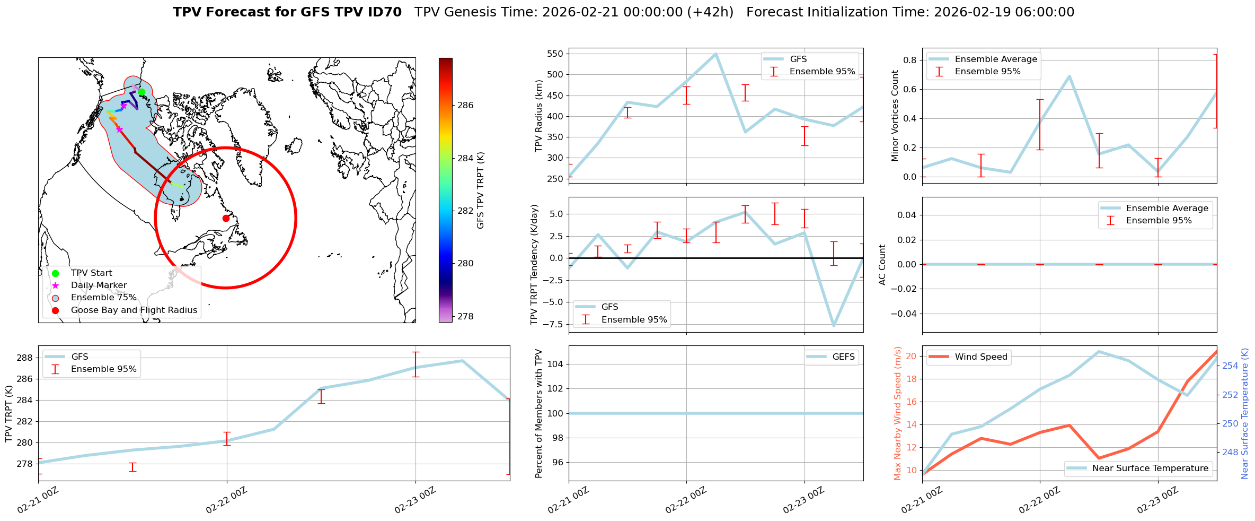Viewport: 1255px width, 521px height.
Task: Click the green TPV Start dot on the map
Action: tap(142, 92)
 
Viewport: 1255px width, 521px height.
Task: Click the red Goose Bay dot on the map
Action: tap(226, 218)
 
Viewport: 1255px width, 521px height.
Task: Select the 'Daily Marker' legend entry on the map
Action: tap(99, 285)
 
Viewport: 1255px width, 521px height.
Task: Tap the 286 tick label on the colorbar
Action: tap(465, 105)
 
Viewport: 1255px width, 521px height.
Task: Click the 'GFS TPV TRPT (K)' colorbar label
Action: tap(481, 190)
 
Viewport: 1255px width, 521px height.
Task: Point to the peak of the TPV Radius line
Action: tap(716, 54)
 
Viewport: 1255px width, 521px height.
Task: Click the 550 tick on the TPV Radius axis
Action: tap(554, 54)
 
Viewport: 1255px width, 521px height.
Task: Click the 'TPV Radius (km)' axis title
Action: tap(540, 116)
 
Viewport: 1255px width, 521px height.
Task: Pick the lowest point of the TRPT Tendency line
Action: tap(834, 326)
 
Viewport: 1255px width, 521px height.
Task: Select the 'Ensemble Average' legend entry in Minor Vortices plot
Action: tap(996, 59)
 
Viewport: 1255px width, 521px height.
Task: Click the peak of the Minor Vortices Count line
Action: tap(1070, 76)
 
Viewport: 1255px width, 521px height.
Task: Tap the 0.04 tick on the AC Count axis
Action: tap(907, 215)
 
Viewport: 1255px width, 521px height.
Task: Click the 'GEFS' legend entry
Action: tap(843, 357)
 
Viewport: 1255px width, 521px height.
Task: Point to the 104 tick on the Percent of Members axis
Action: tap(554, 364)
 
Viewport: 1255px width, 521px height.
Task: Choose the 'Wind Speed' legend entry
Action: tap(981, 357)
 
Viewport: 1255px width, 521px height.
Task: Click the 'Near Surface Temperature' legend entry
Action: tap(1150, 468)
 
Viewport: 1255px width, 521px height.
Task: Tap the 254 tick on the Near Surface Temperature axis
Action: tap(1230, 366)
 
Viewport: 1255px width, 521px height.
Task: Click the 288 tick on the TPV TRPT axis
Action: tap(25, 358)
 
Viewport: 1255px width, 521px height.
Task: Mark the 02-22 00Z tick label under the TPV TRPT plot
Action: tap(227, 500)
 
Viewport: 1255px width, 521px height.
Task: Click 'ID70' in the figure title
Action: tap(384, 12)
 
